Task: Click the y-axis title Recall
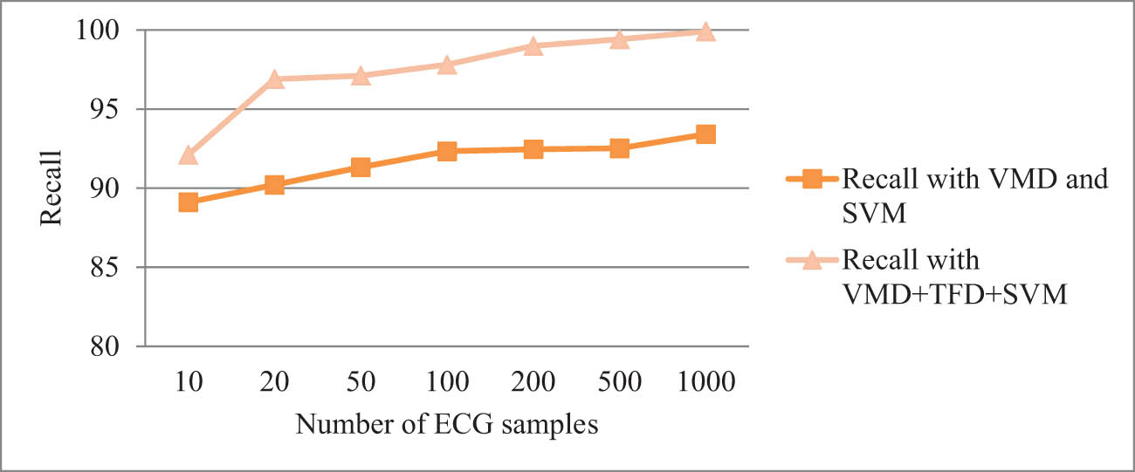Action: click(x=52, y=188)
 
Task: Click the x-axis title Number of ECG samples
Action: click(x=447, y=425)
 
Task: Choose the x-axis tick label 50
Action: click(x=361, y=382)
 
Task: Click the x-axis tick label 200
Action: click(x=533, y=382)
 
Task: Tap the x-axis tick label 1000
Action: click(x=705, y=382)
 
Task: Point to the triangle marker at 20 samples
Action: click(x=274, y=79)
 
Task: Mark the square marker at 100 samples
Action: click(x=447, y=152)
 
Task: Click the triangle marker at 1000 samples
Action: click(x=705, y=31)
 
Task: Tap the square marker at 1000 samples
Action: click(x=705, y=134)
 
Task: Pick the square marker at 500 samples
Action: click(x=620, y=148)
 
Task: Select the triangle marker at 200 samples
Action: click(x=533, y=45)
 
